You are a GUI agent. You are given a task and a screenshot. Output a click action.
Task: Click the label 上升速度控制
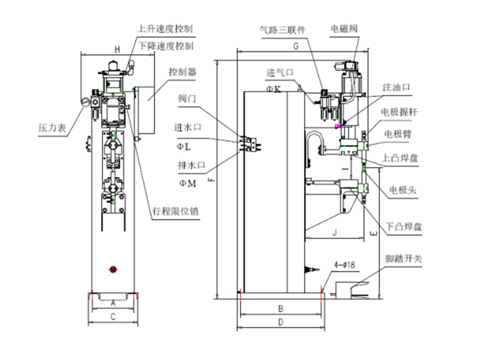point(164,29)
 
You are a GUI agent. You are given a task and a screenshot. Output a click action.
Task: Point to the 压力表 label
point(51,127)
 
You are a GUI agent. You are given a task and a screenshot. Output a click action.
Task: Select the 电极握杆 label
point(401,113)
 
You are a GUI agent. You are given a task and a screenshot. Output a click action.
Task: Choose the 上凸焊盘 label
point(400,157)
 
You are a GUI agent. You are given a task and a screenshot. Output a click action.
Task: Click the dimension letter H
point(117,49)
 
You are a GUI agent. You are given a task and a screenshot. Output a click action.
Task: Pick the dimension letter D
point(280,322)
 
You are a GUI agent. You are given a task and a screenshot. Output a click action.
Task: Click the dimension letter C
point(113,316)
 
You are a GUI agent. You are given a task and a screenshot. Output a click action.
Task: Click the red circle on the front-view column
point(113,270)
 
